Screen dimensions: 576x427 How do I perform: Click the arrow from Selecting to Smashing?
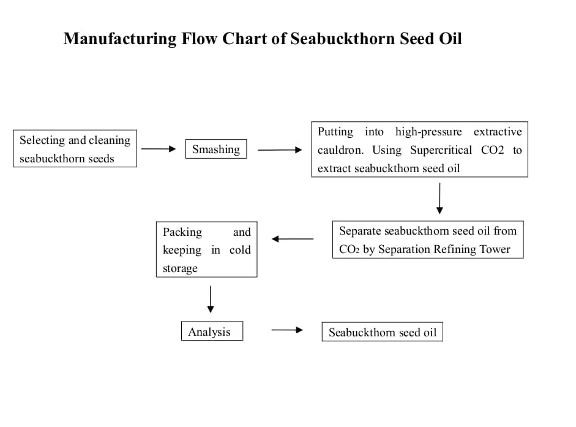[159, 149]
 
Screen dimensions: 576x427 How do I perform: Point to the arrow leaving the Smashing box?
[280, 149]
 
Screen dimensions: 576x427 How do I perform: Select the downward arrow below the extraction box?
[439, 198]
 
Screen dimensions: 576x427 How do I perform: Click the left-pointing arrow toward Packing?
[293, 239]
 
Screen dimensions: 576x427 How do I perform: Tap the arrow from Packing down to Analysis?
[211, 300]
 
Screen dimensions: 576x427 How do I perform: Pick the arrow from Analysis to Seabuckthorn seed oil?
[287, 330]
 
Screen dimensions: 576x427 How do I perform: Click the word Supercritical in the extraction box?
[441, 151]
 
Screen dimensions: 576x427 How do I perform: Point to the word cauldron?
[340, 150]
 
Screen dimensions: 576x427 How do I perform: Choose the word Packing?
[182, 232]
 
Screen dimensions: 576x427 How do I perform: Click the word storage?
[180, 268]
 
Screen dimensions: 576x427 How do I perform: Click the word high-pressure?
[428, 132]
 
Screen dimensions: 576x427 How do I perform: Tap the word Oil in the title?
[451, 39]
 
